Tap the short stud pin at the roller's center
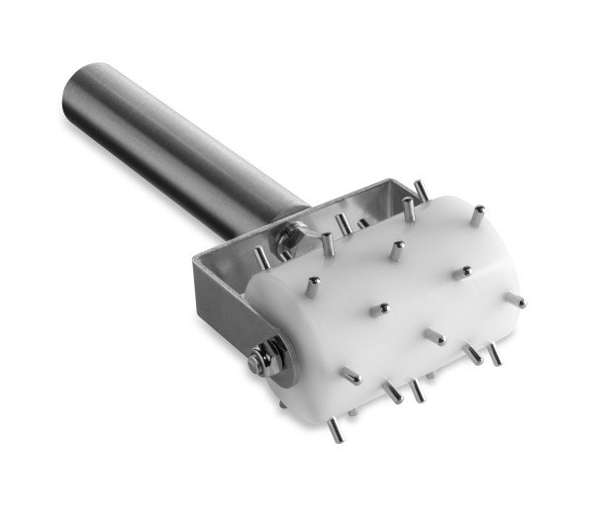click(x=378, y=309)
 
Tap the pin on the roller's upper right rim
click(x=477, y=214)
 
